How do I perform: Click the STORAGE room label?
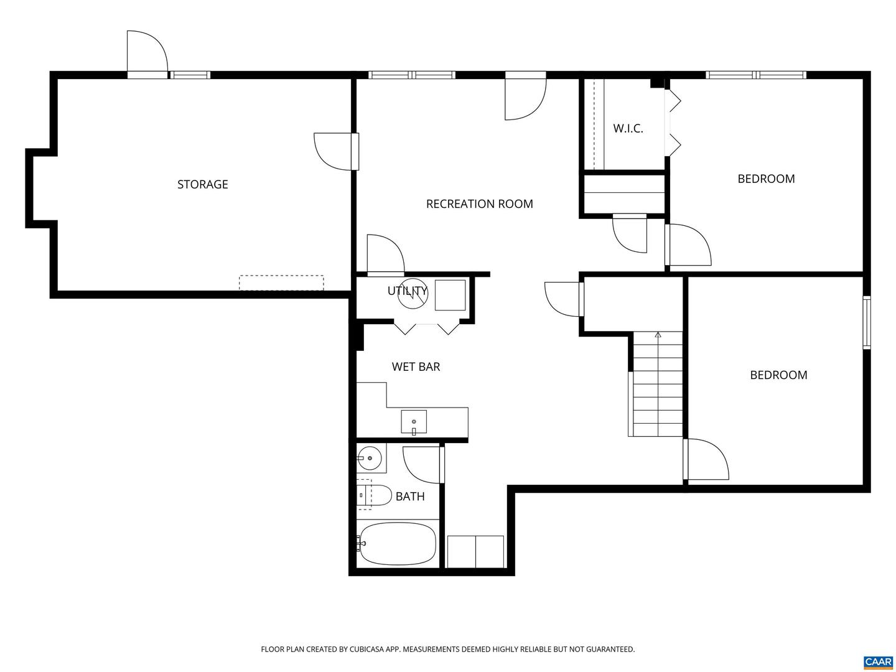pyautogui.click(x=203, y=184)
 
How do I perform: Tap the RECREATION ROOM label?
pyautogui.click(x=479, y=204)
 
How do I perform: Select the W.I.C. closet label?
pyautogui.click(x=628, y=129)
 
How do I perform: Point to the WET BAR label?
pyautogui.click(x=416, y=367)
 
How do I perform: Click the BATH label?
pyautogui.click(x=410, y=497)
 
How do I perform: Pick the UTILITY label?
pyautogui.click(x=407, y=291)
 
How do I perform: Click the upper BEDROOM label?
pyautogui.click(x=766, y=179)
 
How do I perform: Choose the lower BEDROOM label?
pyautogui.click(x=778, y=375)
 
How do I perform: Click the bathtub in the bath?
pyautogui.click(x=398, y=544)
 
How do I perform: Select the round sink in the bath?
pyautogui.click(x=370, y=459)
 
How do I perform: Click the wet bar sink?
pyautogui.click(x=414, y=422)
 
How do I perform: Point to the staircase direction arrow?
pyautogui.click(x=658, y=335)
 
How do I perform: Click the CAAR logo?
pyautogui.click(x=878, y=661)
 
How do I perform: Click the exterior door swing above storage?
pyautogui.click(x=147, y=53)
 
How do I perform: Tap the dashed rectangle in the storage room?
pyautogui.click(x=281, y=283)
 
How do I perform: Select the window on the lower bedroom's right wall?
pyautogui.click(x=866, y=322)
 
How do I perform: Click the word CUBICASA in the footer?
pyautogui.click(x=372, y=650)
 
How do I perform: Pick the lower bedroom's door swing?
pyautogui.click(x=707, y=460)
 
